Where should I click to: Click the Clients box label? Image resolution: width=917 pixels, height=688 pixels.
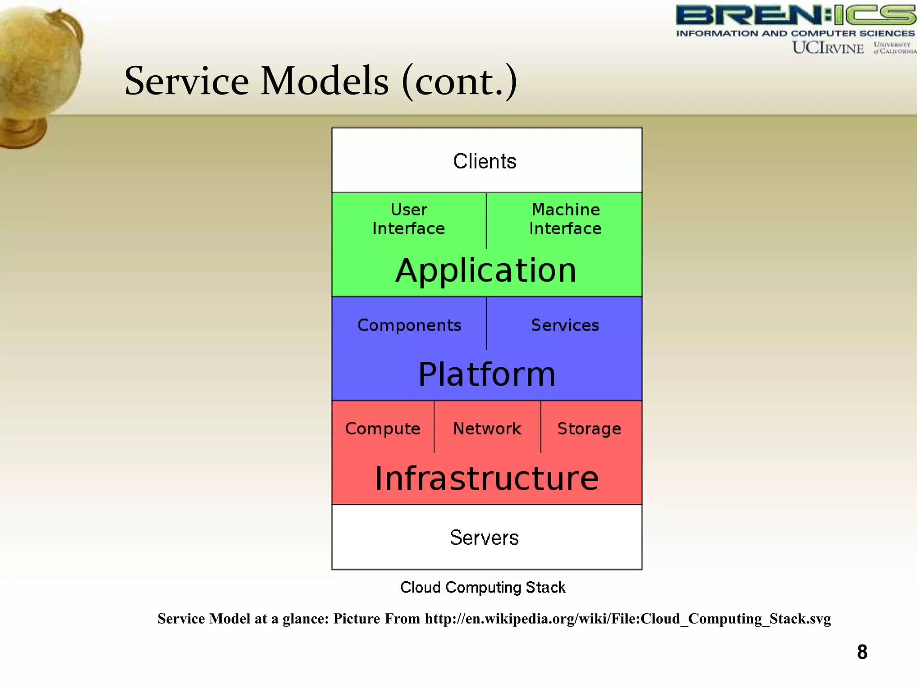[484, 161]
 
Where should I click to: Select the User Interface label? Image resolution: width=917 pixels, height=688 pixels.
[408, 219]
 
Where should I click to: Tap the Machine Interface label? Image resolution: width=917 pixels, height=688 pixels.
[565, 219]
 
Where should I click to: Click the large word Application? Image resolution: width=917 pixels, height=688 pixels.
[486, 271]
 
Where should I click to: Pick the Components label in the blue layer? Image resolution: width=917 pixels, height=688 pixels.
[409, 326]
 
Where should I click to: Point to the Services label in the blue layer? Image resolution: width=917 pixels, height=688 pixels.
[565, 325]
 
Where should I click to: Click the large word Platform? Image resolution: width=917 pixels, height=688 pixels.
[487, 374]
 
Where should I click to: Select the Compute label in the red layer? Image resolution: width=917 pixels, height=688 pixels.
[383, 429]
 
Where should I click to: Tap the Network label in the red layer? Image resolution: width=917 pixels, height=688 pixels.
[487, 429]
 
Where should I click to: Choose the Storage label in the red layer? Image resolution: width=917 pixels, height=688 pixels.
[589, 429]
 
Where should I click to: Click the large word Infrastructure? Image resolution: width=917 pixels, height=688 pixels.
[487, 478]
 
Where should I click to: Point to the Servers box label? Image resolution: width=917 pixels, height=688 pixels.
[484, 537]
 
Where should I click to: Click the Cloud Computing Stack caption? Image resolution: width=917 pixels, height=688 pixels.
[483, 587]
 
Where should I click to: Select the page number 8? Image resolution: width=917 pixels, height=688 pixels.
[862, 652]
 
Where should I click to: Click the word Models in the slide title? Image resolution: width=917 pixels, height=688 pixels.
[325, 81]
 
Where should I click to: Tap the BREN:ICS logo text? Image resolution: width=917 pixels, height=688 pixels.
[795, 16]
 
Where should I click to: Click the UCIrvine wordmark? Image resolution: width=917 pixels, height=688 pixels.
[828, 48]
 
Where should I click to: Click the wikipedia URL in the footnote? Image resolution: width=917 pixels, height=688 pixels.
[627, 619]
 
